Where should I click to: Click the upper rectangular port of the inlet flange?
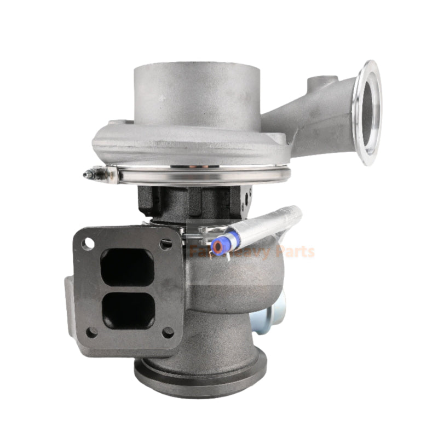pyautogui.click(x=128, y=267)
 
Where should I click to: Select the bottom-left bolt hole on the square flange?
pyautogui.click(x=92, y=331)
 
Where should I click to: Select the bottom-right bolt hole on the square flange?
pyautogui.click(x=168, y=332)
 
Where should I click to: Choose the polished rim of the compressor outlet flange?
pyautogui.click(x=361, y=112)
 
